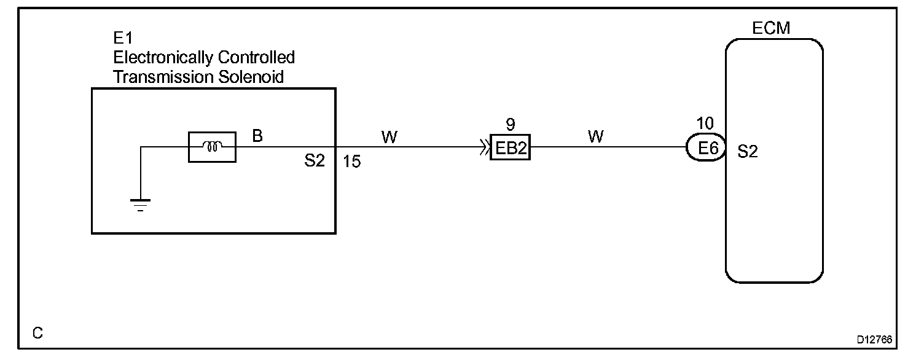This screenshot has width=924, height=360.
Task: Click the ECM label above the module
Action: coord(772,28)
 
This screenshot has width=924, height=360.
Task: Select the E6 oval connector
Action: coord(706,148)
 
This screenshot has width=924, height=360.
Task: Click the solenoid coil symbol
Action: coord(212,147)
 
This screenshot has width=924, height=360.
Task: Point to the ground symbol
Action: coord(141,204)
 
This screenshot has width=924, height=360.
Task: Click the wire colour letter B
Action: coord(257,136)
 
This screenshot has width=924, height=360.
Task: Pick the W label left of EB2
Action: coord(389,137)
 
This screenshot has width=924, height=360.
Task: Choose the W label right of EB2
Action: coord(595,137)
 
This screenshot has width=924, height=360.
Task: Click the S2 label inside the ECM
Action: coord(747,152)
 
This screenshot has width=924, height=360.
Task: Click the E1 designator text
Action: coord(122,39)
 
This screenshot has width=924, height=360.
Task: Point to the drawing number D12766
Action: coord(875,338)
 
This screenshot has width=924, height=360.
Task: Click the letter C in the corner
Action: coord(37,333)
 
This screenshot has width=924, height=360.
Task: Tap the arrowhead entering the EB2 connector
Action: coord(485,148)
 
